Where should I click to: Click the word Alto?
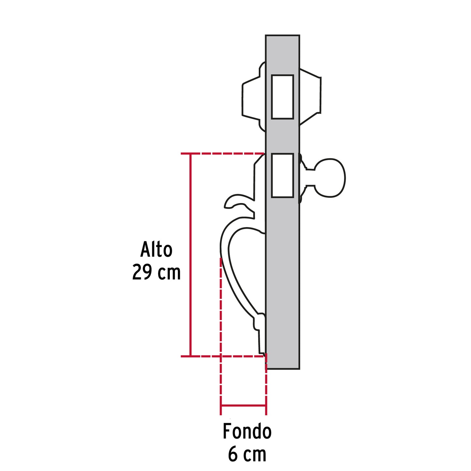point(156,250)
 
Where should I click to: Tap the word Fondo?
point(247,432)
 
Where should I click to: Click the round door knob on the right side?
point(330,178)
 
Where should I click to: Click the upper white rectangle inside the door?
point(282,97)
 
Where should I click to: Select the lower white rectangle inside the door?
point(282,175)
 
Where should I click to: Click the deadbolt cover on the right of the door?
point(310,96)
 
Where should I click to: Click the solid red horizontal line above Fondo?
point(243,405)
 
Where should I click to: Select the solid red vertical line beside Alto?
point(190,254)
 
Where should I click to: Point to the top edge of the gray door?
point(282,35)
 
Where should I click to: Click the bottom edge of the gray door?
point(282,369)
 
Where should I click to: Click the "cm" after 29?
point(169,272)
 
